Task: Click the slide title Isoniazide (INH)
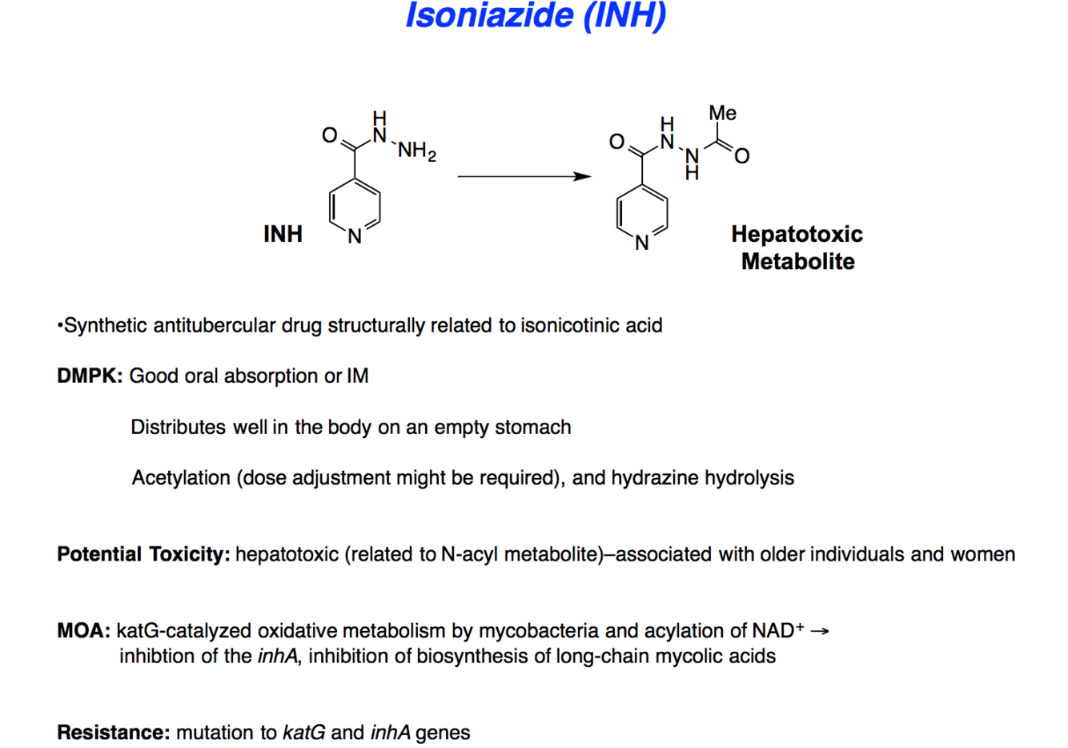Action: point(535,16)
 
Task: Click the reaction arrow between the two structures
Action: point(524,176)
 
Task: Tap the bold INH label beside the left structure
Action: point(283,234)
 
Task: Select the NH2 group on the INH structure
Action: point(416,151)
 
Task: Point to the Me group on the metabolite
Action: point(722,113)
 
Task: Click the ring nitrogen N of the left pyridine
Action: point(355,236)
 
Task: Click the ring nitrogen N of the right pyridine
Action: point(642,243)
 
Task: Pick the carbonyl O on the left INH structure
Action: point(329,135)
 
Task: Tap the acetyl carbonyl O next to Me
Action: point(742,156)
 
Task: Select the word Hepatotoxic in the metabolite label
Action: point(797,234)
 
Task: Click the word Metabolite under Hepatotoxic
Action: point(797,261)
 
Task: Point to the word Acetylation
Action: point(181,477)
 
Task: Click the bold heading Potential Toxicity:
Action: point(143,554)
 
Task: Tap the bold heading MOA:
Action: point(83,631)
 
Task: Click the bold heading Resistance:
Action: point(113,732)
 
